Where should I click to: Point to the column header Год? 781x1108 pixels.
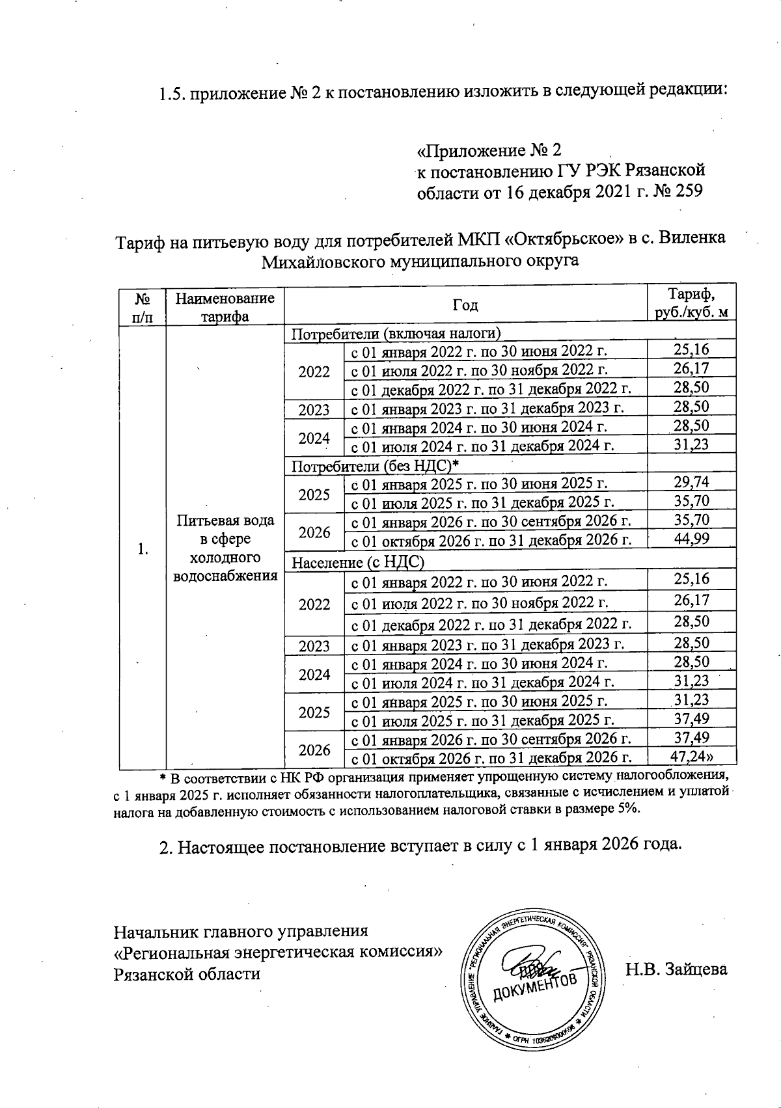(x=465, y=305)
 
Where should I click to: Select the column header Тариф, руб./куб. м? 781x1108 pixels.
(x=691, y=304)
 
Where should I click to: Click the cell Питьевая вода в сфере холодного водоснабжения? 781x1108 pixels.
(x=225, y=548)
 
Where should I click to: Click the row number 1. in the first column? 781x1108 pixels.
(x=143, y=549)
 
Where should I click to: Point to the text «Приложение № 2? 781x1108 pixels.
(x=488, y=151)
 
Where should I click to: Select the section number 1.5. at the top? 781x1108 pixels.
(x=174, y=93)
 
